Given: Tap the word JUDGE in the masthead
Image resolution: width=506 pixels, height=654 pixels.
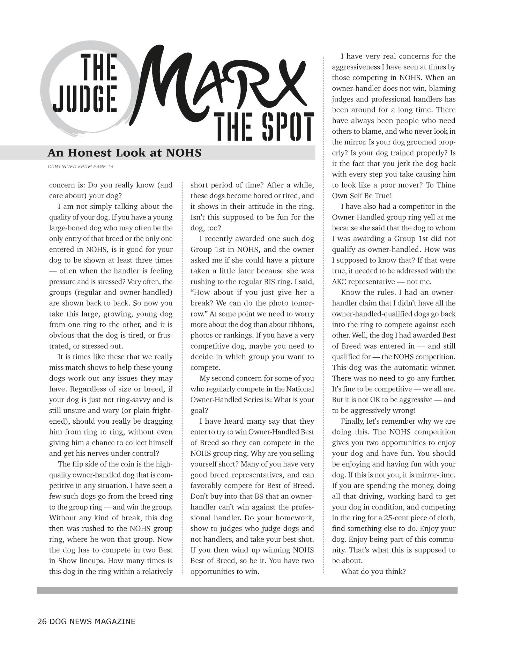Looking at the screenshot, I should point(85,98).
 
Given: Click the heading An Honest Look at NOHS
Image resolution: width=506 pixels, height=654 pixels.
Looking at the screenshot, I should point(124,153).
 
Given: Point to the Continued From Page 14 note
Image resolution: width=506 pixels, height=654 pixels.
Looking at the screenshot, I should point(81,166).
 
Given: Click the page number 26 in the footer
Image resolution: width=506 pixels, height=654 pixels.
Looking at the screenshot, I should point(42,621).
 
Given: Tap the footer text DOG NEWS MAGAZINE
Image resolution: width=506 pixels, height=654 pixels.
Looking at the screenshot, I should point(92,621).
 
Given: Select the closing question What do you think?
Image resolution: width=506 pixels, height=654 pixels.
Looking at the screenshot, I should point(373,571).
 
